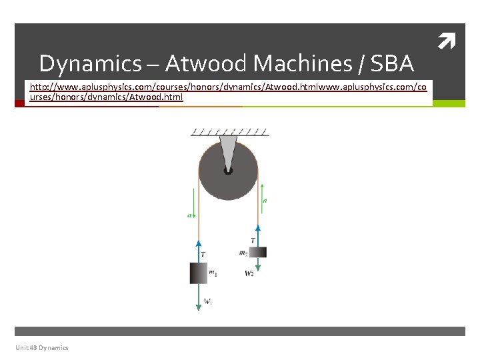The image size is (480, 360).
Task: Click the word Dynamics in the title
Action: [x=90, y=64]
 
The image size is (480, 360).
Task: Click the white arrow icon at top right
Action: [x=445, y=45]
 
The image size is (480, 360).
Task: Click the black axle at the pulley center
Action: [x=228, y=170]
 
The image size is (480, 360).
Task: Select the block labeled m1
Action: [x=199, y=273]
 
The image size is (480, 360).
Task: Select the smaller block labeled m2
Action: [x=258, y=252]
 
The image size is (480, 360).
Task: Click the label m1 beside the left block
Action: [x=213, y=272]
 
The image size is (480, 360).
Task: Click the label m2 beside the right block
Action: [x=243, y=253]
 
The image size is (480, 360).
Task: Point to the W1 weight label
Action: [x=208, y=302]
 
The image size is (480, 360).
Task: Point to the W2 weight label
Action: [x=249, y=273]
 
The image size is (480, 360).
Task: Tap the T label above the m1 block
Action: [x=203, y=254]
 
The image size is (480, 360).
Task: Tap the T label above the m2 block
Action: [x=253, y=240]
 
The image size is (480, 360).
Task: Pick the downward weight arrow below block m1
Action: [x=199, y=297]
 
